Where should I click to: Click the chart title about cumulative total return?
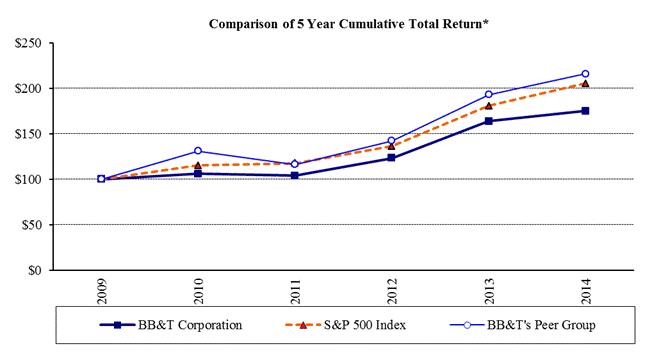348,24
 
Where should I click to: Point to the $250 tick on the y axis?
28,43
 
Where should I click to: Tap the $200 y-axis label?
28,89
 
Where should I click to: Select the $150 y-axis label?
28,134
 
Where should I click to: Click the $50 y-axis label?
32,225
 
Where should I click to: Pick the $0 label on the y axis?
35,270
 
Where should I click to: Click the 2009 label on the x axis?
102,291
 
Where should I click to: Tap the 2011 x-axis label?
295,291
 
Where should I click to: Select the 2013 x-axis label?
489,291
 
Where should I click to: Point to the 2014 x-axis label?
586,291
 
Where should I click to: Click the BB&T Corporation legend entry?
171,325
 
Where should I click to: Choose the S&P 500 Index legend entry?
346,325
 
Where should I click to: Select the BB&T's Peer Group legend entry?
523,325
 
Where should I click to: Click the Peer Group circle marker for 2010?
198,151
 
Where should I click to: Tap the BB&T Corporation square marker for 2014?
585,111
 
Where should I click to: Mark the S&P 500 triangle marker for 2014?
585,84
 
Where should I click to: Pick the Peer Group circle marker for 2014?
585,74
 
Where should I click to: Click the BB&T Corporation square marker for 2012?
392,158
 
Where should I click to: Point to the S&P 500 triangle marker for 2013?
489,106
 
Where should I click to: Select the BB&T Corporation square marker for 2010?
198,173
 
